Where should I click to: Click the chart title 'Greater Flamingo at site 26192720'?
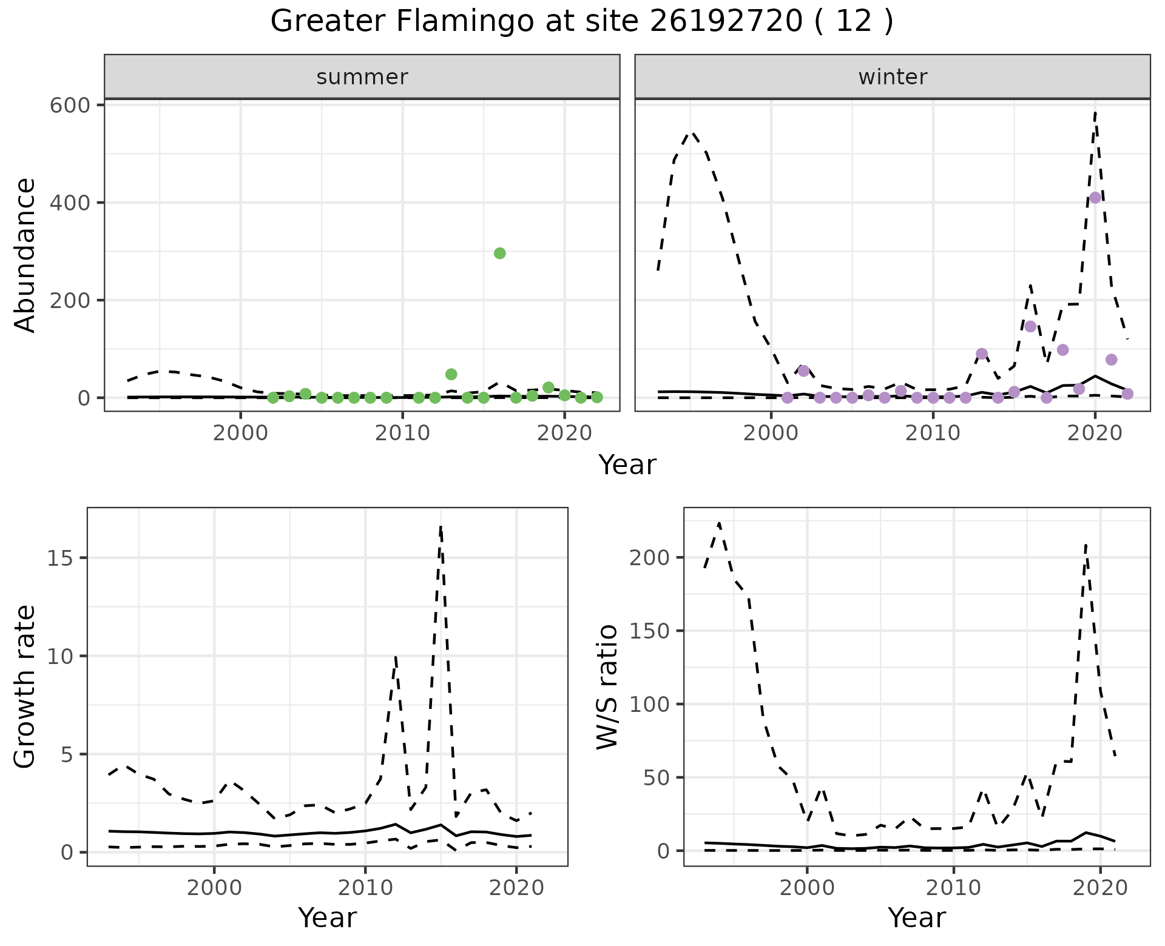(x=581, y=22)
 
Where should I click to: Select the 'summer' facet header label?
(x=362, y=77)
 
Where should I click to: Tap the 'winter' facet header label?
(x=893, y=77)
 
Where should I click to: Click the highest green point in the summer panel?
(x=500, y=253)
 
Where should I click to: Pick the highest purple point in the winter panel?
(x=1095, y=198)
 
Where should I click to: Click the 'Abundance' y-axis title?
(x=25, y=255)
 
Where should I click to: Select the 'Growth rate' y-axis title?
(x=25, y=687)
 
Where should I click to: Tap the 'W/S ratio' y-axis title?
(x=607, y=687)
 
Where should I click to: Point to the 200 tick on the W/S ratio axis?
(x=649, y=557)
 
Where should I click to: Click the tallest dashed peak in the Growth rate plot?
(x=441, y=526)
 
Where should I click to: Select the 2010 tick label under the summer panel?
(x=402, y=434)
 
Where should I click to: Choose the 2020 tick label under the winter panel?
(x=1095, y=434)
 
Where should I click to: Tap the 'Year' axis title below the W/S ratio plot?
(x=916, y=917)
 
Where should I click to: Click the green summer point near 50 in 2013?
(x=451, y=374)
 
